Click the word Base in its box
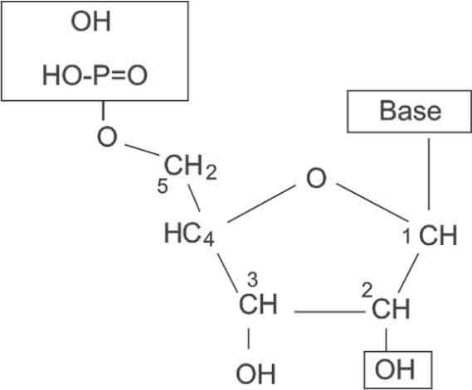[411, 111]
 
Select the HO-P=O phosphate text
[95, 75]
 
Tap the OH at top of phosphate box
[91, 22]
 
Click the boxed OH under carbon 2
[395, 369]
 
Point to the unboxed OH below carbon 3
[255, 373]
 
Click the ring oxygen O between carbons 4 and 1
[316, 179]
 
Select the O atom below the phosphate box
[107, 137]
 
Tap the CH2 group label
[191, 167]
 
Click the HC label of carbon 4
[182, 234]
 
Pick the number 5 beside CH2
[163, 186]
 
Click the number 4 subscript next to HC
[209, 240]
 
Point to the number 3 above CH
[252, 280]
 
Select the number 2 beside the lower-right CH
[367, 291]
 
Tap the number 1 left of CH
[406, 236]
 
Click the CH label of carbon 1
[438, 235]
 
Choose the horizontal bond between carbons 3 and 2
[329, 312]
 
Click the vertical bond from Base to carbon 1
[429, 174]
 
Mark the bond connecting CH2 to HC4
[194, 198]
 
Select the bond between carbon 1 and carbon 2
[408, 273]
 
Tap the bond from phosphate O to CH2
[142, 150]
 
